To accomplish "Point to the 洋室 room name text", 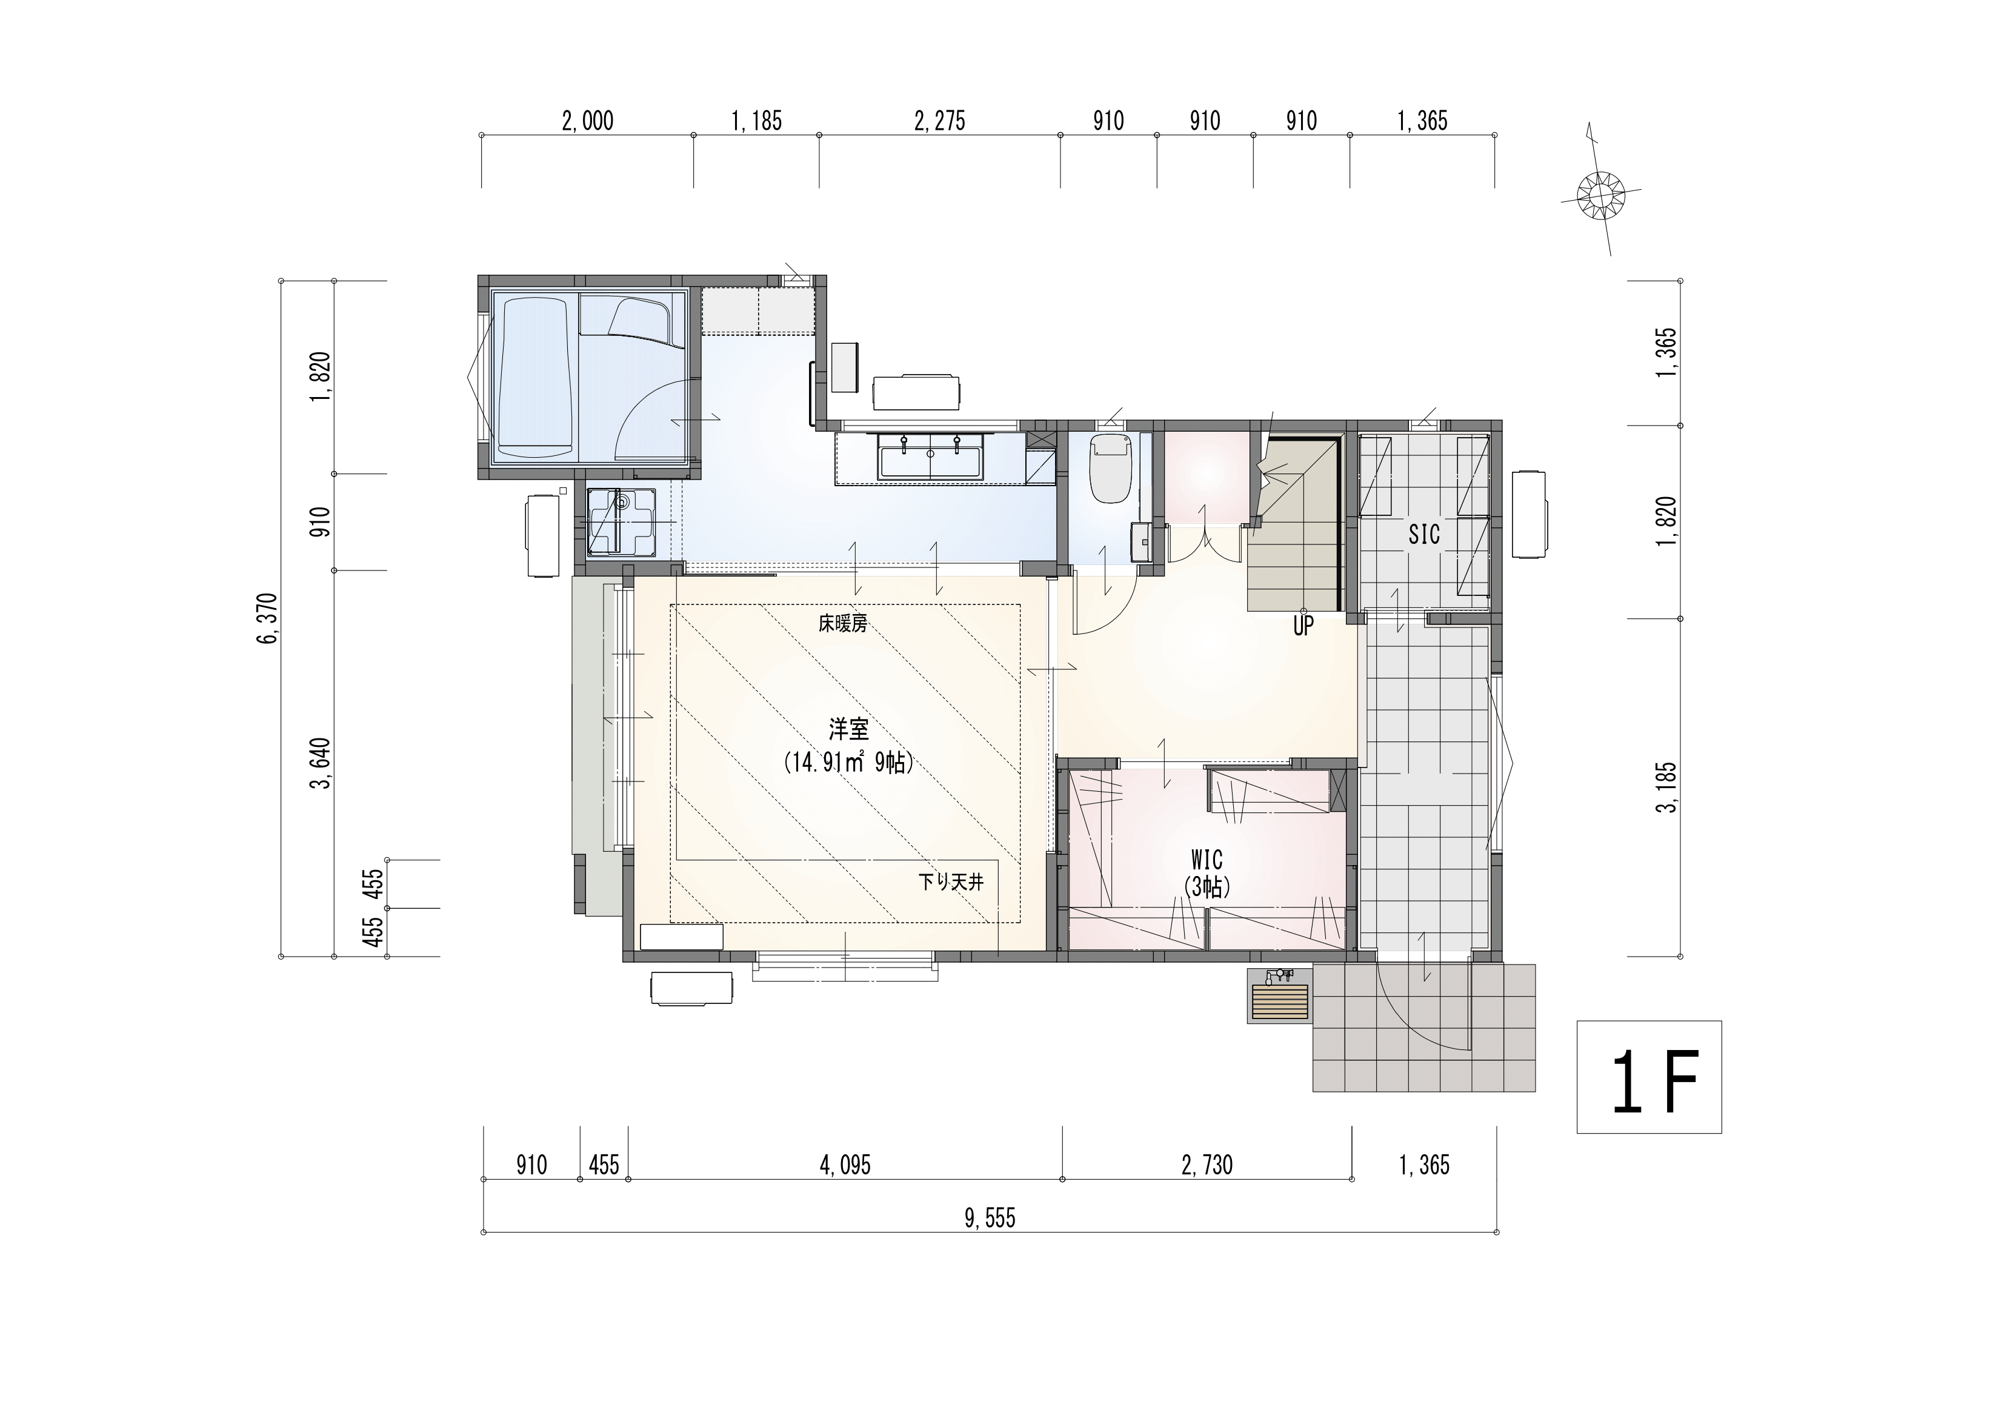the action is [x=849, y=728].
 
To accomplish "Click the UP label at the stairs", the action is [x=1303, y=626].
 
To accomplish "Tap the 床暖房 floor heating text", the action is [x=842, y=623].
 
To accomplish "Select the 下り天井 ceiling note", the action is [x=951, y=882].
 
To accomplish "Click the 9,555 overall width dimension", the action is [x=990, y=1218].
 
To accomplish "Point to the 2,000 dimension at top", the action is [x=587, y=121].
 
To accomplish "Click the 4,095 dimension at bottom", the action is [x=845, y=1165].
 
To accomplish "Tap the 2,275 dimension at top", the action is [x=939, y=121].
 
